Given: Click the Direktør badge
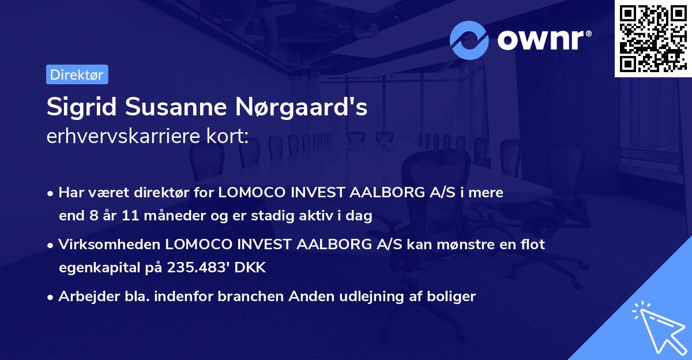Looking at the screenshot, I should pyautogui.click(x=77, y=74).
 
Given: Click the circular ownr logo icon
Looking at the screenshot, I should pyautogui.click(x=469, y=40).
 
